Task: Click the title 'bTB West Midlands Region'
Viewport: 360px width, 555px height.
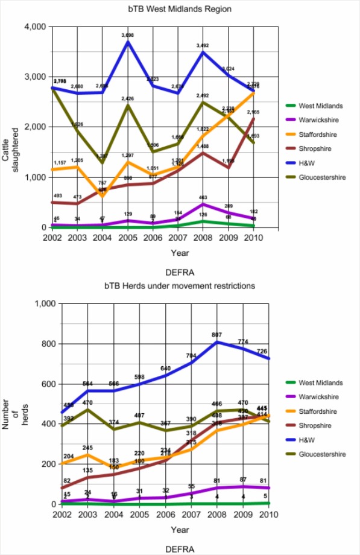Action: [180, 10]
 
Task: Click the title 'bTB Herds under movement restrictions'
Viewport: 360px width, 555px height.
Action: [180, 285]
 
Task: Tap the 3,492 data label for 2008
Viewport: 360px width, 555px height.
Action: [203, 46]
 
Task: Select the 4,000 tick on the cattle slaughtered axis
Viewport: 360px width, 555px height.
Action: [35, 27]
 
